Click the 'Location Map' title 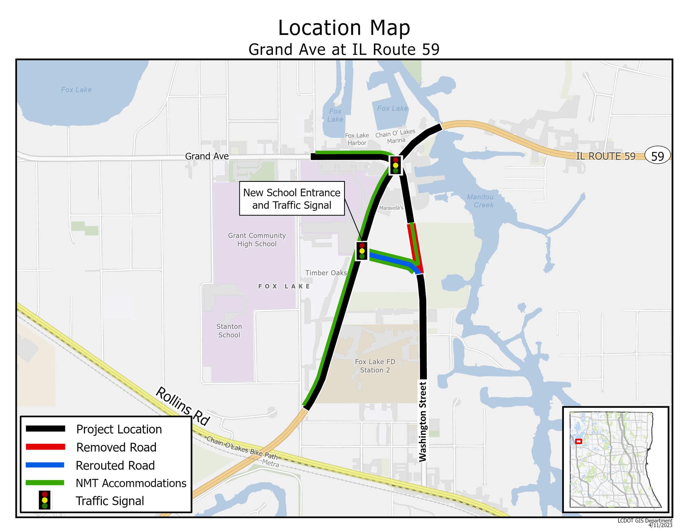[344, 28]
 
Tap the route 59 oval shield [657, 156]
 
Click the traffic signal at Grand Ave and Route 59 [396, 165]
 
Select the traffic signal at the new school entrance [362, 251]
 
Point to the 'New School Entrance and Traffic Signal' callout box [292, 199]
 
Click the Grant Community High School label [257, 240]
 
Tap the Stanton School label [229, 331]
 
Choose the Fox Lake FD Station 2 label [375, 366]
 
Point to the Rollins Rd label [183, 406]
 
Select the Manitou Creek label [481, 201]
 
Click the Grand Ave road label [207, 156]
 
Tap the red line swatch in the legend [45, 447]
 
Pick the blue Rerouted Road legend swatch [45, 465]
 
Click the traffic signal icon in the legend [45, 500]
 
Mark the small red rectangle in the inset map [578, 441]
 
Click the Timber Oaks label [326, 273]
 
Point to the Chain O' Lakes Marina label [396, 136]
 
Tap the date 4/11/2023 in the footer [660, 525]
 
